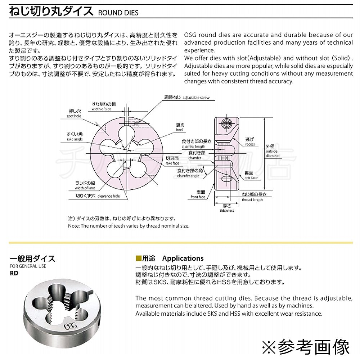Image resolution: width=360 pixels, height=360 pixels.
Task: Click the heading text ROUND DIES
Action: pos(118,13)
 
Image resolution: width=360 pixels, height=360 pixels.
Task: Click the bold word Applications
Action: pos(183,258)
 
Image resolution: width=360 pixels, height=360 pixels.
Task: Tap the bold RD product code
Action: pos(14,273)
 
